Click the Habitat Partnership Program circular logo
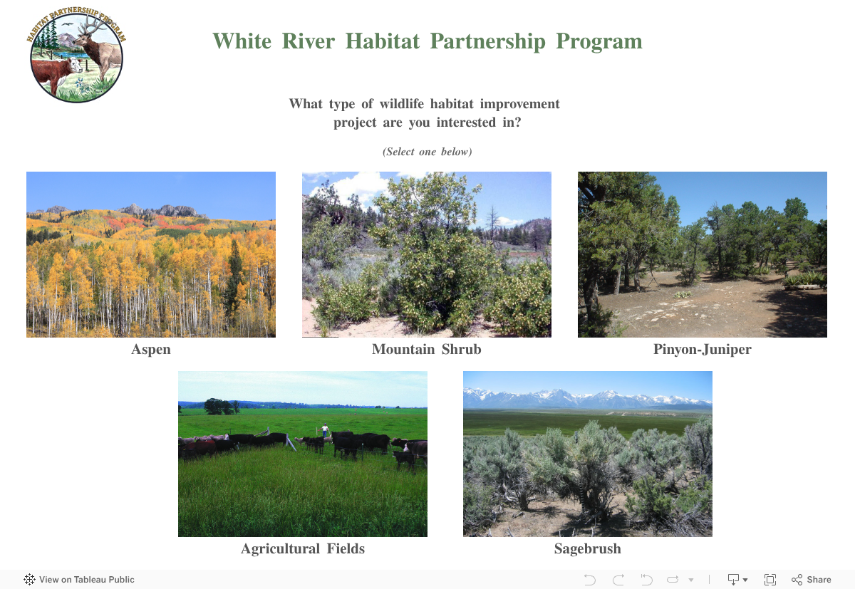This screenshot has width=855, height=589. (76, 55)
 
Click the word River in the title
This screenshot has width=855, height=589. (309, 41)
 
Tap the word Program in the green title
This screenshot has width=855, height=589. (599, 41)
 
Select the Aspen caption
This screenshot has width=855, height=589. (151, 350)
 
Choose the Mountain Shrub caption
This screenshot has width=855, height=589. (426, 349)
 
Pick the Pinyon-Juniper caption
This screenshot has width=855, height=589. (703, 350)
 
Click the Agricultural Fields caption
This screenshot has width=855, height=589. (303, 548)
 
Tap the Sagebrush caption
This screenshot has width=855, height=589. (587, 548)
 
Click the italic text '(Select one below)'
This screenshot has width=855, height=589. (427, 152)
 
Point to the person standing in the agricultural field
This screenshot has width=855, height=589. (325, 430)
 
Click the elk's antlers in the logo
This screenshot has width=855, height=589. (91, 25)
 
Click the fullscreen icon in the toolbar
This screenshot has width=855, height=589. (770, 580)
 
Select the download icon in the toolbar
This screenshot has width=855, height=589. (733, 580)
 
